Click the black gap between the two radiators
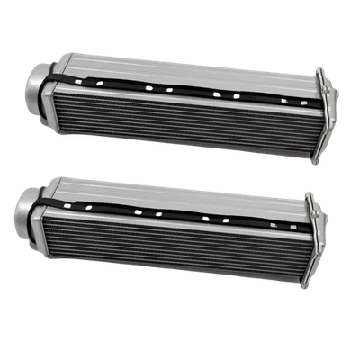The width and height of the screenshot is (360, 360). tap(180, 166)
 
